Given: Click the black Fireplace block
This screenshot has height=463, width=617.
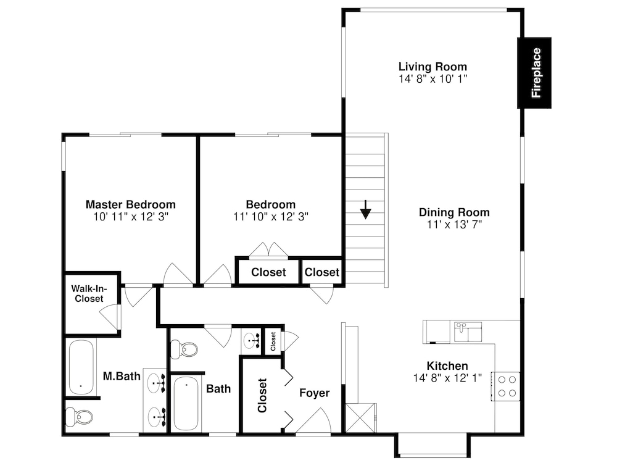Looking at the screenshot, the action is pyautogui.click(x=534, y=73).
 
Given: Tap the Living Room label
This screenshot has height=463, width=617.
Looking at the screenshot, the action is pyautogui.click(x=433, y=67).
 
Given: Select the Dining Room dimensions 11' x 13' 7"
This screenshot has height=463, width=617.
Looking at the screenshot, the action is pyautogui.click(x=455, y=225).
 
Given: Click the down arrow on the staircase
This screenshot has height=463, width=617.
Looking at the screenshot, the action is pyautogui.click(x=365, y=209).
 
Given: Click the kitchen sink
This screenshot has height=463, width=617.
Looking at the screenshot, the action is pyautogui.click(x=468, y=332).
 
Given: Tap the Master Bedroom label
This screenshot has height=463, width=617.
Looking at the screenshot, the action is pyautogui.click(x=131, y=205).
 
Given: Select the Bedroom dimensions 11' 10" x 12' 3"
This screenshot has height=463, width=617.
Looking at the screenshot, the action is pyautogui.click(x=271, y=217).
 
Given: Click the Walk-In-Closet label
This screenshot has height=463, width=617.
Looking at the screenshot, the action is pyautogui.click(x=89, y=294).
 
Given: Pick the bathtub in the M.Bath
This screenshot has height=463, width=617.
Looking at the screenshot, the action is pyautogui.click(x=81, y=367).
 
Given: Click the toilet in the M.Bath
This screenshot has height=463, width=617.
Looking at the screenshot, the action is pyautogui.click(x=80, y=417).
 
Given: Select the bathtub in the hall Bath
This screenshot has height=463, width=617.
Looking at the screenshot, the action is pyautogui.click(x=186, y=403).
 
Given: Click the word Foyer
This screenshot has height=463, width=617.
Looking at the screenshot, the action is pyautogui.click(x=315, y=393).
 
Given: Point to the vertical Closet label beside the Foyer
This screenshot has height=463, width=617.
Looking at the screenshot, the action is pyautogui.click(x=262, y=395).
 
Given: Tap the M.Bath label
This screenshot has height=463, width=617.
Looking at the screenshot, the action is pyautogui.click(x=122, y=377).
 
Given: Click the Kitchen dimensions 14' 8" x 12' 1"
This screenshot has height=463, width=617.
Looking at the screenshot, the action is pyautogui.click(x=447, y=378).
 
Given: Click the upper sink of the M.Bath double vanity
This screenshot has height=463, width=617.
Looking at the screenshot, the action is pyautogui.click(x=156, y=383).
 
